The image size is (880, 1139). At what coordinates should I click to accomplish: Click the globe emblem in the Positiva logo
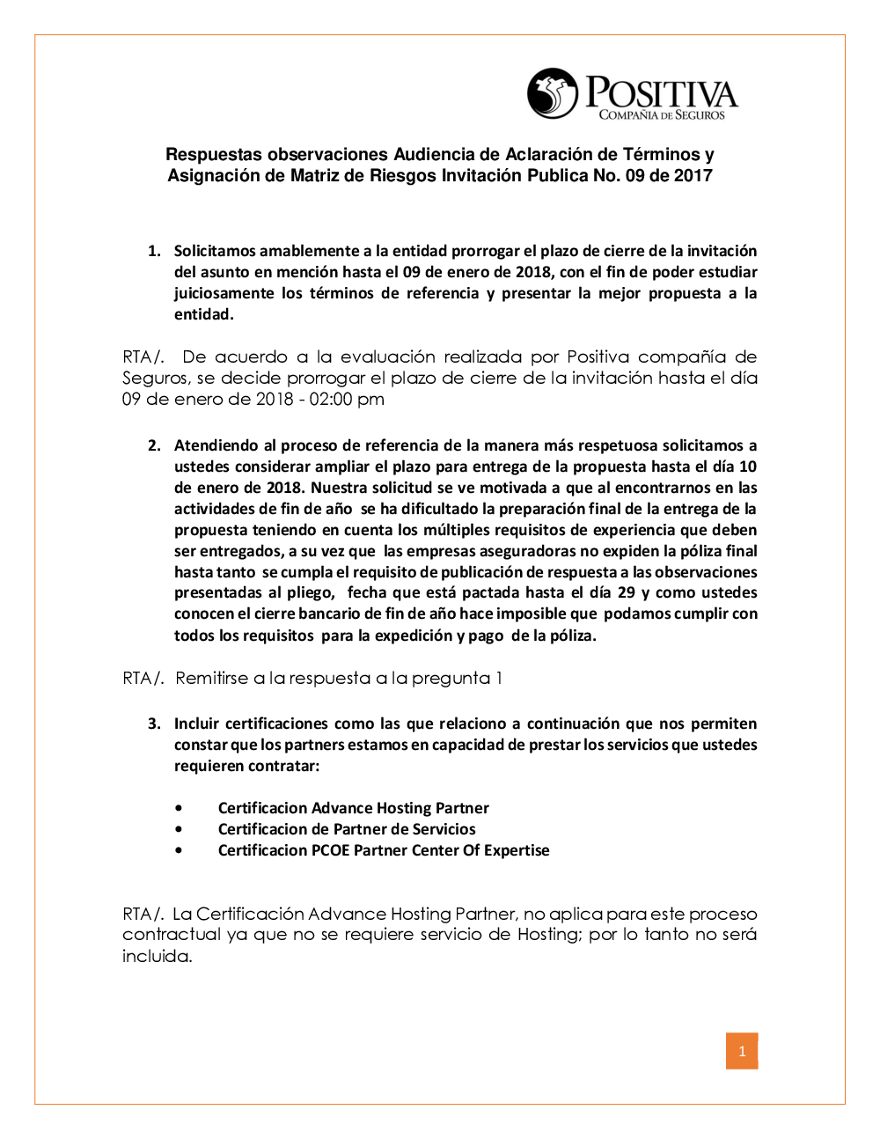click(x=553, y=93)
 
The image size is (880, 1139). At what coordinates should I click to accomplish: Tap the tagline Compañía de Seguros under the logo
click(x=662, y=115)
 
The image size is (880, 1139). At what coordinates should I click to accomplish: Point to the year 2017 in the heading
click(x=693, y=176)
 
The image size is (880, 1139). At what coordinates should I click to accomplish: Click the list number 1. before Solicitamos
click(x=154, y=252)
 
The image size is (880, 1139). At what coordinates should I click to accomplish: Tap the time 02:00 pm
click(x=347, y=400)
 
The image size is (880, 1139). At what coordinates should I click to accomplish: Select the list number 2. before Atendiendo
click(x=154, y=446)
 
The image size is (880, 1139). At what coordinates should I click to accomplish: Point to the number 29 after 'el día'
click(x=627, y=593)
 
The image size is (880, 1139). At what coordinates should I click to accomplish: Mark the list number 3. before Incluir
click(x=154, y=724)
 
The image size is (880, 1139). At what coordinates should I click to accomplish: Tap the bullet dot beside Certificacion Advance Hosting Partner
click(x=180, y=808)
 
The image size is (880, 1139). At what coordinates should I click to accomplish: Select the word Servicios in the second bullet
click(x=444, y=830)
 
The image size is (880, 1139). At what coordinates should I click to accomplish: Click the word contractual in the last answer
click(x=172, y=935)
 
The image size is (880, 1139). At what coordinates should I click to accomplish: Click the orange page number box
click(x=742, y=1051)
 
